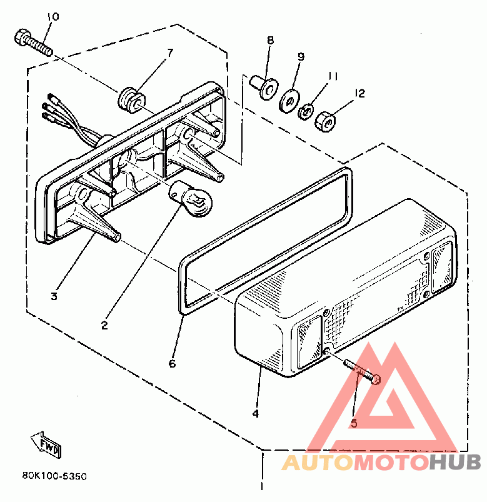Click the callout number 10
click(x=53, y=17)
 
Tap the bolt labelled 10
click(x=33, y=43)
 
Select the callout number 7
click(x=170, y=52)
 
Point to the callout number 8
click(x=271, y=41)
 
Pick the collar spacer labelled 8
click(x=264, y=87)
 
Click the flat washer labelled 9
click(x=289, y=101)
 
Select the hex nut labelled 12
click(x=325, y=121)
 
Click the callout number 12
click(x=359, y=94)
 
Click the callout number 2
click(x=104, y=326)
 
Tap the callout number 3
click(x=54, y=296)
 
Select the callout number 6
click(x=173, y=363)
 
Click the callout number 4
click(x=256, y=414)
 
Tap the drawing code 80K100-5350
click(x=54, y=476)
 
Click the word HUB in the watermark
click(x=455, y=462)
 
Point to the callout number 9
click(x=301, y=57)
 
